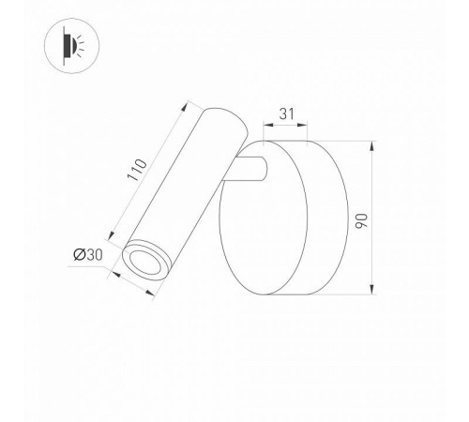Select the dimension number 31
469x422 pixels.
pos(286,114)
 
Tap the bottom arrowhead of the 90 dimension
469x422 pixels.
pos(372,291)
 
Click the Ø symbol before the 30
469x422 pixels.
pos(78,254)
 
